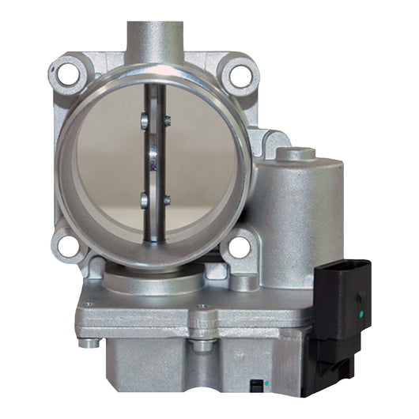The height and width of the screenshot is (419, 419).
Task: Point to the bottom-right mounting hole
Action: pos(236,247)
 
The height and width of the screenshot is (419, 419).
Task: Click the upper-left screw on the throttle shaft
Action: pos(143,121)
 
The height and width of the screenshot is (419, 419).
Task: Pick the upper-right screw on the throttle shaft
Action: pos(167,121)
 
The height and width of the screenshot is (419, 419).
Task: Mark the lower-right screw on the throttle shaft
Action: pos(166,197)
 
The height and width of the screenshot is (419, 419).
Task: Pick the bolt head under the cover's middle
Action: pos(202,345)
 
